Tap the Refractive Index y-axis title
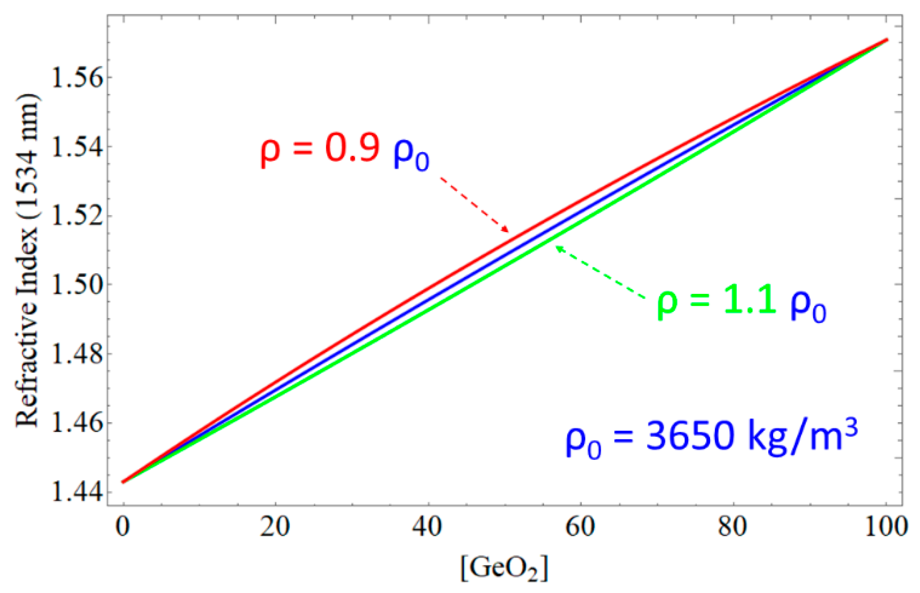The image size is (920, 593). coord(28,261)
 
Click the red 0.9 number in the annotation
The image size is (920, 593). coord(352,148)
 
